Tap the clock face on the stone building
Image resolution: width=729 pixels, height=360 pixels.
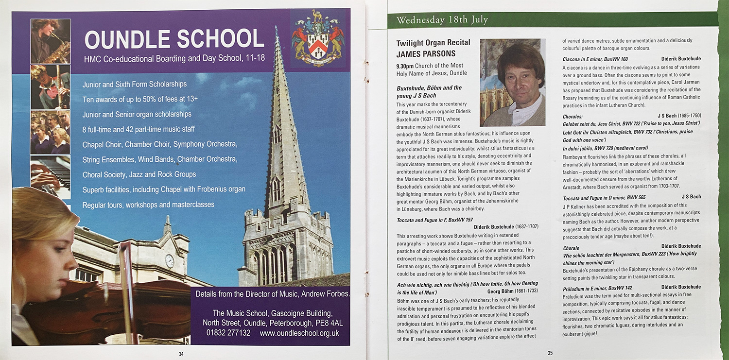coord(169,261)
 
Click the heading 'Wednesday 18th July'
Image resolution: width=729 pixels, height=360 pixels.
coord(442,20)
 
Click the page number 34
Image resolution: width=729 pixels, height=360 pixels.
coord(181,354)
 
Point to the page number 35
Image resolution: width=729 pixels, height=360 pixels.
coord(550,353)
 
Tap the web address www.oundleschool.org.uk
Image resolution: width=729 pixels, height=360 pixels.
coord(299,333)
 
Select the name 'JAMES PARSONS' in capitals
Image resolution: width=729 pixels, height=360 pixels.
coord(426,54)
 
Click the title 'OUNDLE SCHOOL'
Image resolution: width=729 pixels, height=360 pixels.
coord(174,39)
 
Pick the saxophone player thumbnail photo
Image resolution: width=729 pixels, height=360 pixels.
coord(51,41)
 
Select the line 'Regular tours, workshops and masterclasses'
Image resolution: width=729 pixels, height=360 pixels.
coord(148,205)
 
